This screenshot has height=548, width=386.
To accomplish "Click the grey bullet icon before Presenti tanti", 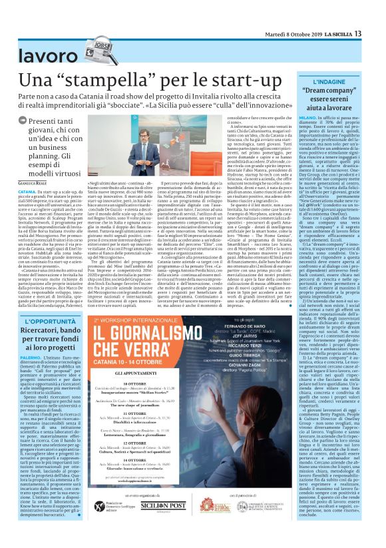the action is [23, 121].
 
